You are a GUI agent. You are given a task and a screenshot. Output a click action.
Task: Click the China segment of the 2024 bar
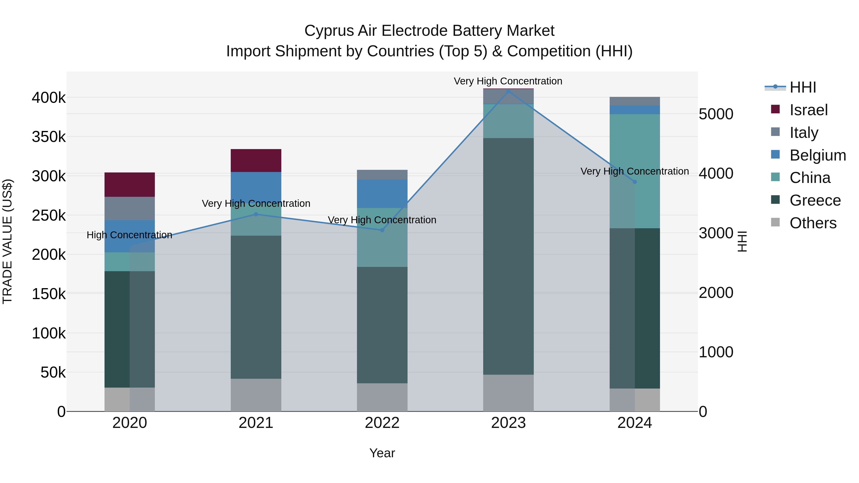tap(634, 171)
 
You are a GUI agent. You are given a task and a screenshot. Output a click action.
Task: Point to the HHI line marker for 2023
tap(508, 91)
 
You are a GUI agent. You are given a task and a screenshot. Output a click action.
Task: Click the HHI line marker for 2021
tap(256, 214)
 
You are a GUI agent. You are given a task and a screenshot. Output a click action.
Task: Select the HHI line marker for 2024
tap(634, 182)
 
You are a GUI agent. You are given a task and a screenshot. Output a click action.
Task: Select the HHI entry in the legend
tap(803, 87)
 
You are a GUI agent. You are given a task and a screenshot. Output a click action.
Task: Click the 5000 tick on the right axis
tap(716, 114)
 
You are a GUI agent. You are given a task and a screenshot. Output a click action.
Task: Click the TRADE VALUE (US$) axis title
tap(7, 241)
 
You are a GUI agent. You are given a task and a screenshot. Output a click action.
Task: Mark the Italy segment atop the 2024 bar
tap(634, 101)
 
